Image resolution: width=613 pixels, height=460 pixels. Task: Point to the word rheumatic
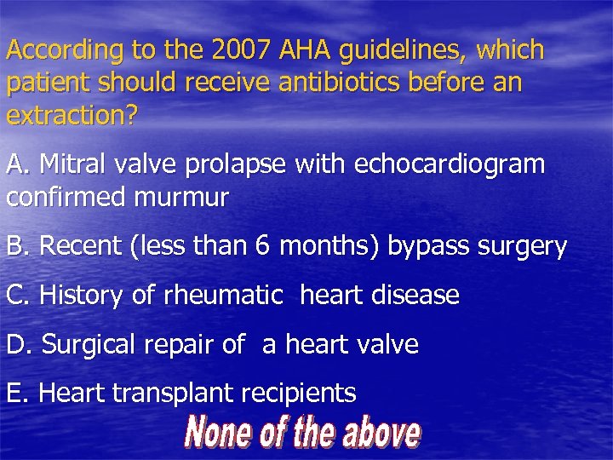(223, 296)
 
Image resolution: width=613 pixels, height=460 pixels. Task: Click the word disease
(417, 296)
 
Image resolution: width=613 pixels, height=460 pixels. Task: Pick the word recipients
(299, 394)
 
